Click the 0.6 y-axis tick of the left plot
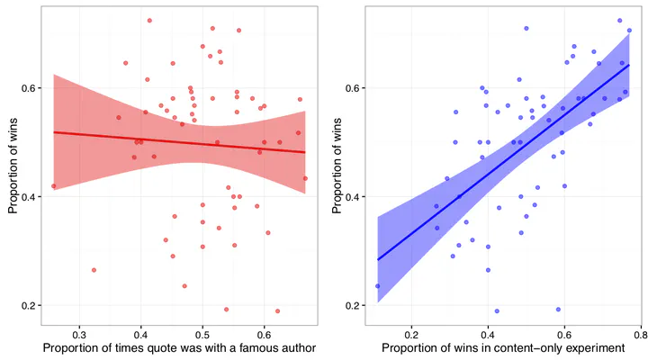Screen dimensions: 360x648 31,88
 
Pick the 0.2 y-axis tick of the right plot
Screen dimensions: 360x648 353,306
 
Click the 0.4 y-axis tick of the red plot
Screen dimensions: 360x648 31,197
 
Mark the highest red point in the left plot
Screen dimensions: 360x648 149,20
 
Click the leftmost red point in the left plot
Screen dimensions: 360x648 54,186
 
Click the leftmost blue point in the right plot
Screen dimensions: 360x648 377,285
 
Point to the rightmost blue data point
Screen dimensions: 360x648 629,30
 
